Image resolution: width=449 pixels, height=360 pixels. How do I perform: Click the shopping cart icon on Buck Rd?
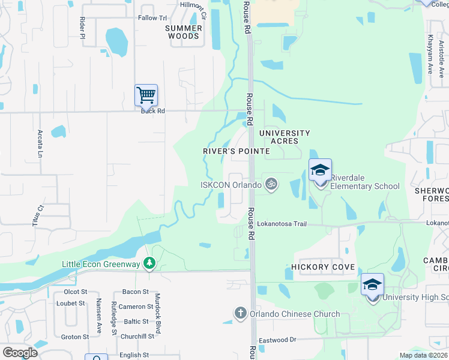pos(146,95)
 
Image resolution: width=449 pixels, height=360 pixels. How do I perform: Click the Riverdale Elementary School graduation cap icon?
pos(320,170)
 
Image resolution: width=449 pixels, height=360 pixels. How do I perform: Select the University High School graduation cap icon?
pos(372,284)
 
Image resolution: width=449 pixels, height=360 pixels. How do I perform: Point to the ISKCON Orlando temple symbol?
pos(271,184)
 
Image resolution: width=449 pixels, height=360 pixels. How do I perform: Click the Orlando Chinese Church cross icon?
pos(240,313)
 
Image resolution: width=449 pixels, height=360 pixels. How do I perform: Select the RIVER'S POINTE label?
pos(235,152)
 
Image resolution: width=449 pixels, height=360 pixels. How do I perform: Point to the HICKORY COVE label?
pos(323,267)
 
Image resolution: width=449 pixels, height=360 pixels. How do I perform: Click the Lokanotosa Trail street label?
pos(282,224)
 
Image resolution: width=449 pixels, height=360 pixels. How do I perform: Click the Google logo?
pos(20,353)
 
